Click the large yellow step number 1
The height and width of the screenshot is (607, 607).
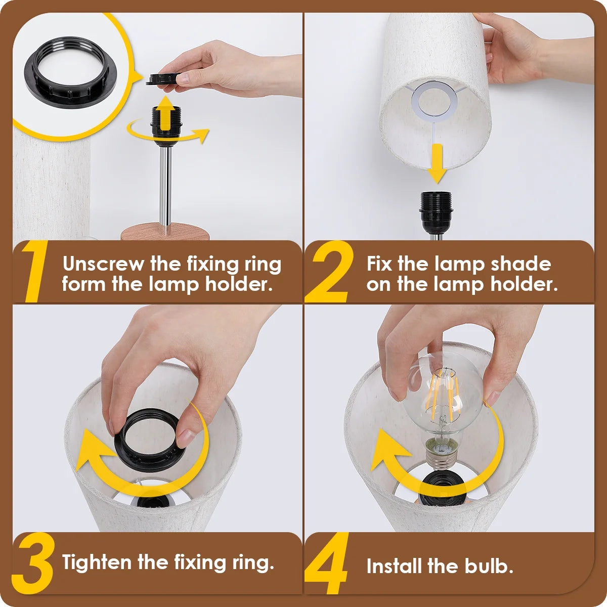(x=35, y=271)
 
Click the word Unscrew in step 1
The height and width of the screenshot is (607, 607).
(x=103, y=264)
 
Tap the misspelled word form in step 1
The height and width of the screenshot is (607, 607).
(x=83, y=284)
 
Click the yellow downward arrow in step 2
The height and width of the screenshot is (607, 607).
(x=437, y=164)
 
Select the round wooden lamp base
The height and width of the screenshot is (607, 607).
(x=165, y=231)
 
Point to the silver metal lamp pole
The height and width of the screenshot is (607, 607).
(x=165, y=186)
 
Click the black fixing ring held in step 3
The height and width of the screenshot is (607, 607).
(x=120, y=447)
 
